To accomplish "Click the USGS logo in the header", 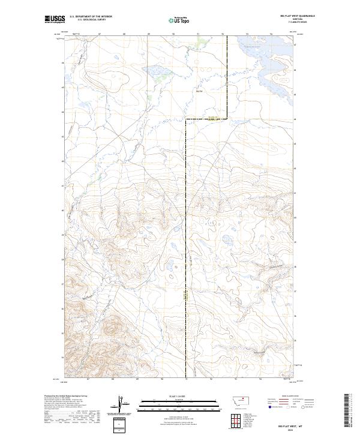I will click(x=55, y=20).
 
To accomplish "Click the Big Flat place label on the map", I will click(x=199, y=91).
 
